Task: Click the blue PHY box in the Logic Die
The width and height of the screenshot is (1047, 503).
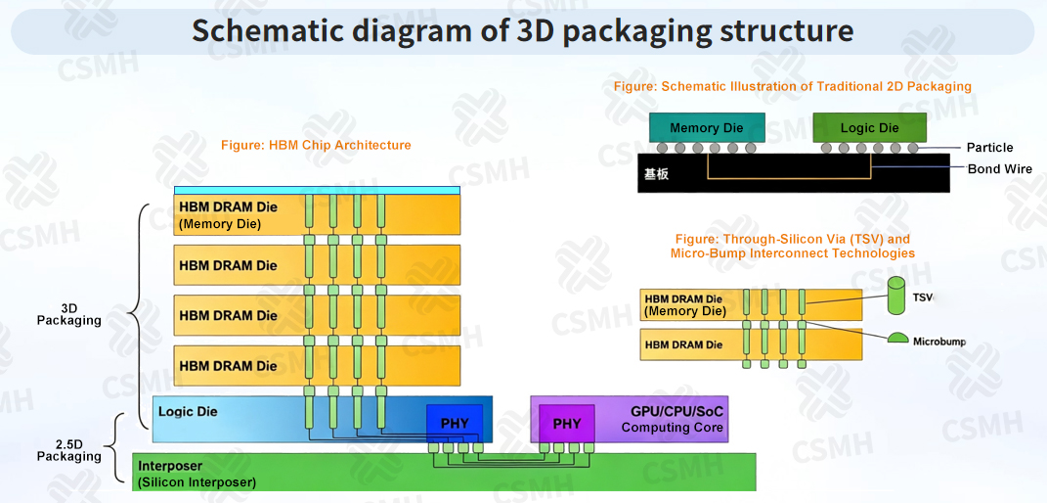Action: tap(455, 424)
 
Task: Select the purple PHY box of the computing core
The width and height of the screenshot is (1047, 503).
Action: tap(566, 424)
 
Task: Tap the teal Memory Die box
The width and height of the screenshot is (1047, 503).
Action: tap(707, 127)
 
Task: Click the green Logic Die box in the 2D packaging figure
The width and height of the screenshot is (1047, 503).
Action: tap(869, 127)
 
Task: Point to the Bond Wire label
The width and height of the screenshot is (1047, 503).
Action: tap(1000, 168)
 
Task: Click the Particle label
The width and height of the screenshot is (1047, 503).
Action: tap(989, 148)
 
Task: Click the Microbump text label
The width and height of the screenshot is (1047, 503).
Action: tap(939, 342)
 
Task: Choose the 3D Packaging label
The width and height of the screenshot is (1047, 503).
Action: tap(69, 315)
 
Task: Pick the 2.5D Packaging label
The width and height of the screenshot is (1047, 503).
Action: tap(69, 451)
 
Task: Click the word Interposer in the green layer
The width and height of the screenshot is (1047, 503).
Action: tap(169, 466)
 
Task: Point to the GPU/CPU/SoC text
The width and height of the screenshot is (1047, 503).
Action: tap(677, 410)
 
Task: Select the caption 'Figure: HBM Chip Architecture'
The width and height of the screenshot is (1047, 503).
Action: tap(316, 145)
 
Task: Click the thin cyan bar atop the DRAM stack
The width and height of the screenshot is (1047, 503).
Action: tap(317, 191)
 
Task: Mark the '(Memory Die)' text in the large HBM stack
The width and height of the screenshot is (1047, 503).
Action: tap(220, 225)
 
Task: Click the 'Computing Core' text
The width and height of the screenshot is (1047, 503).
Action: tap(673, 428)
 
